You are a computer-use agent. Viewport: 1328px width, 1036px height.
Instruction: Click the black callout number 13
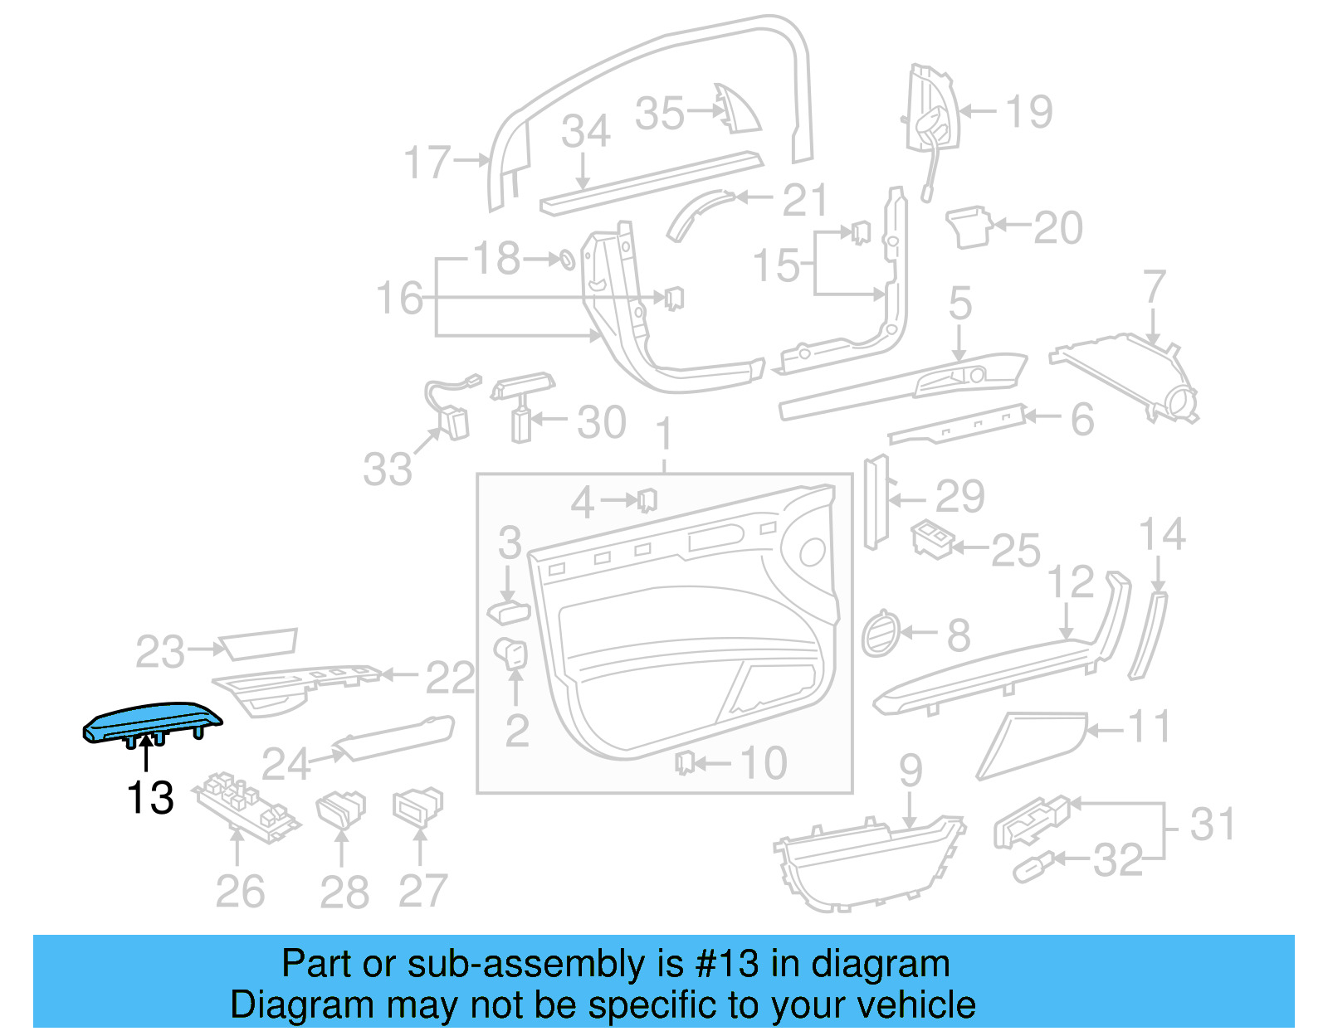click(150, 798)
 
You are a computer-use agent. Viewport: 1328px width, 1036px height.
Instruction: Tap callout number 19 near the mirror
click(1028, 111)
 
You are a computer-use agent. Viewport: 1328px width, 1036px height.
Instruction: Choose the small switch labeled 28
click(341, 810)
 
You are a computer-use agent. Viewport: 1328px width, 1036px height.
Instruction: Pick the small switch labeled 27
click(418, 805)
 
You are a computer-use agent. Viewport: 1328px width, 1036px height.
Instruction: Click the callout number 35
click(660, 114)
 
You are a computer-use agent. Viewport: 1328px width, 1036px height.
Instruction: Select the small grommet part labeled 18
click(564, 260)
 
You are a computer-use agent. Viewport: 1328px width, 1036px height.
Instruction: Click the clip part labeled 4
click(647, 500)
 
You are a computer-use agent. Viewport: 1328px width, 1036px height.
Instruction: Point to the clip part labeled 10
click(684, 761)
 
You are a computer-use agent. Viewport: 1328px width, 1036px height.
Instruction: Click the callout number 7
click(1155, 287)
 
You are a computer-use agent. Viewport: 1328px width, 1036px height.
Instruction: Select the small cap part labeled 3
click(507, 612)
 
